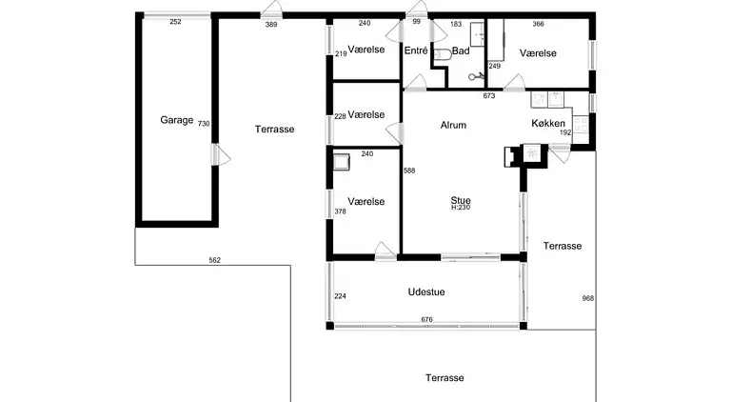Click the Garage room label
pyautogui.click(x=177, y=120)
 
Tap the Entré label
pyautogui.click(x=416, y=50)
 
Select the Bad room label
pyautogui.click(x=461, y=50)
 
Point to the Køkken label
pyautogui.click(x=548, y=123)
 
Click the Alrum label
pyautogui.click(x=453, y=125)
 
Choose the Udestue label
pyautogui.click(x=426, y=291)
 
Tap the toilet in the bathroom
pyautogui.click(x=443, y=54)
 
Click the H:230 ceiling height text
pyautogui.click(x=461, y=208)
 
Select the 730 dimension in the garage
pyautogui.click(x=204, y=124)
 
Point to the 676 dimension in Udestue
pyautogui.click(x=426, y=319)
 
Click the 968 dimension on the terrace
pyautogui.click(x=588, y=298)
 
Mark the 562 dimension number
pyautogui.click(x=214, y=260)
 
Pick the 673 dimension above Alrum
pyautogui.click(x=489, y=95)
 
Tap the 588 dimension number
pyautogui.click(x=409, y=171)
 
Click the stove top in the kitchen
pyautogui.click(x=581, y=125)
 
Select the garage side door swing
pyautogui.click(x=221, y=154)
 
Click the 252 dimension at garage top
pyautogui.click(x=175, y=22)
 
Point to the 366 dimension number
pyautogui.click(x=538, y=24)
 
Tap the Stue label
pyautogui.click(x=461, y=201)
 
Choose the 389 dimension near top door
pyautogui.click(x=271, y=24)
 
